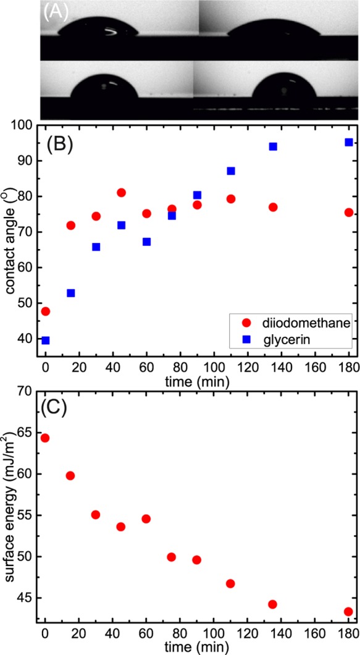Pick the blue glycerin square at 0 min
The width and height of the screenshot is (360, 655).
coord(45,340)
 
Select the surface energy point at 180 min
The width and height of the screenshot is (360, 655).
coord(349,612)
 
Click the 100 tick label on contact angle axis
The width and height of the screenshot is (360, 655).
coord(25,125)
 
